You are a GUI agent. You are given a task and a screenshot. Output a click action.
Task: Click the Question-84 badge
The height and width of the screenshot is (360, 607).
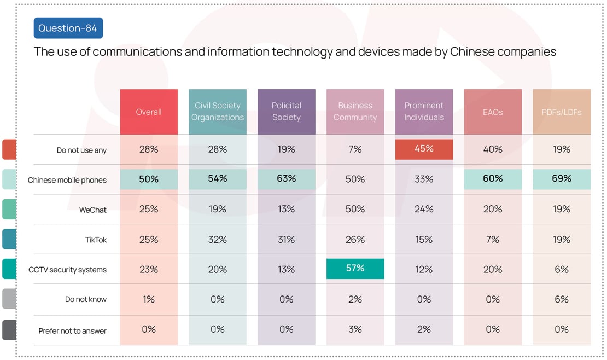tap(68, 28)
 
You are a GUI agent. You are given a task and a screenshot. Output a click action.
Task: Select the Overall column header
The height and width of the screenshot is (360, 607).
tap(149, 112)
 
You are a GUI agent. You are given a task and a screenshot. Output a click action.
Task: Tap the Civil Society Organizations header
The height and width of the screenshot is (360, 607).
tap(218, 112)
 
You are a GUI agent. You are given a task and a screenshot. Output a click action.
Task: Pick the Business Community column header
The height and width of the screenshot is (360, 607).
tap(355, 112)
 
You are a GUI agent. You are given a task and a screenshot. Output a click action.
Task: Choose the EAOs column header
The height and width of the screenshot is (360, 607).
tap(493, 112)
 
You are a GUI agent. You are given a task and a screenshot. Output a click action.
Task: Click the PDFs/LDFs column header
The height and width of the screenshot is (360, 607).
tap(562, 112)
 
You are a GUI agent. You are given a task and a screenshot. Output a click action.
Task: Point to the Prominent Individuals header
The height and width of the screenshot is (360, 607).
tap(424, 112)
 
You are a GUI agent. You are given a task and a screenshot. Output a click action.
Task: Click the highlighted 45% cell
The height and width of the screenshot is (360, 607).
tap(424, 149)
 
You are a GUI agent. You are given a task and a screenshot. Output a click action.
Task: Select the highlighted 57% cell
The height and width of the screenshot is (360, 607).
tap(355, 269)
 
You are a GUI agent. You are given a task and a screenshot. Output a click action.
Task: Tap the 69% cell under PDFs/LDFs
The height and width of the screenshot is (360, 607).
tap(562, 179)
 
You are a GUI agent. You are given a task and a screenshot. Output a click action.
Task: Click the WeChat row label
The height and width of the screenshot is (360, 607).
tap(93, 210)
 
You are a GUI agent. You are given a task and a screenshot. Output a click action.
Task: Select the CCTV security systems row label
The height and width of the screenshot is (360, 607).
tap(67, 270)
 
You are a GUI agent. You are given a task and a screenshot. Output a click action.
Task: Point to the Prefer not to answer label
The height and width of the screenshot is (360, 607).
tap(72, 331)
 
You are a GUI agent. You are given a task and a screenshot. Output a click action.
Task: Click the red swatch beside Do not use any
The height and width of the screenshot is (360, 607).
tap(9, 149)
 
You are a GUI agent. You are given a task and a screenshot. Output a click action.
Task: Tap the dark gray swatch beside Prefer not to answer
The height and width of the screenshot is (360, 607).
tap(9, 330)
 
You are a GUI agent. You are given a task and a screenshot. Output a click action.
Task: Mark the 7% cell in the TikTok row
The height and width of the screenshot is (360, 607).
tap(493, 239)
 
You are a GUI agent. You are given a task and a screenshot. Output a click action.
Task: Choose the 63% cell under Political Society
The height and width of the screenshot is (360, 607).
tap(287, 179)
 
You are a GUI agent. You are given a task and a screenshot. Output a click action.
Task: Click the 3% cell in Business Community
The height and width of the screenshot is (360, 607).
tap(355, 329)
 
